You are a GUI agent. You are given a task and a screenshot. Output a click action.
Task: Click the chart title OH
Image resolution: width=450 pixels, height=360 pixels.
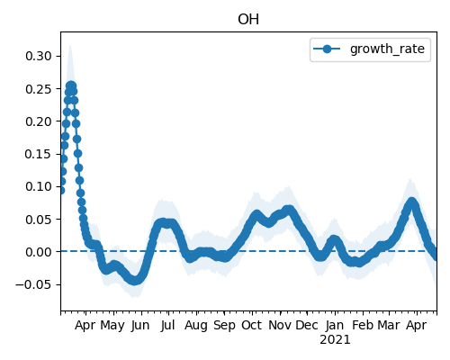(x=248, y=20)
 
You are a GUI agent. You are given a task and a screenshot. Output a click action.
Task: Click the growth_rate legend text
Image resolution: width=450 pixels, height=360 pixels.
(x=387, y=49)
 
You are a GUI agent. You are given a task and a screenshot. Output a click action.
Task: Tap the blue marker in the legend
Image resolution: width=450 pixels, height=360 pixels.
(x=327, y=49)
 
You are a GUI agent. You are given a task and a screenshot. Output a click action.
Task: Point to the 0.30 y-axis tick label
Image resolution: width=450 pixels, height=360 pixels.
(x=39, y=56)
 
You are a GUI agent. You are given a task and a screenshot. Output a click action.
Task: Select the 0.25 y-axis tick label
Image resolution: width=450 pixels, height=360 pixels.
(x=39, y=89)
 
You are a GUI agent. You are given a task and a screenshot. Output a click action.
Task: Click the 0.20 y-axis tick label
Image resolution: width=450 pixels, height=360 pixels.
(x=39, y=121)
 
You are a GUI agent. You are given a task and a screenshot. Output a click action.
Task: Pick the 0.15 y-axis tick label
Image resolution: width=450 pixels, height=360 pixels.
(x=39, y=154)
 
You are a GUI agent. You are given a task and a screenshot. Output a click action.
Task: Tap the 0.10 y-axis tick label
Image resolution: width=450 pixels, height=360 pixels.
(x=39, y=186)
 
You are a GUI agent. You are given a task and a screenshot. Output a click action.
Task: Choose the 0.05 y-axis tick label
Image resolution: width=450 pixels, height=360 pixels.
(x=39, y=220)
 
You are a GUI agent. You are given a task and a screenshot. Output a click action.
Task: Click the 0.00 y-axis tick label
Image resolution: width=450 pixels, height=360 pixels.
(x=39, y=252)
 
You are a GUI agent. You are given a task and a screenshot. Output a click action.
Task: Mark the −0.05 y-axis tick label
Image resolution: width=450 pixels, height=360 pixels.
(x=33, y=284)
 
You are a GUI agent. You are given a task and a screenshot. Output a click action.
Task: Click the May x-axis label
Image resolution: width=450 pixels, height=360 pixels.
(x=112, y=326)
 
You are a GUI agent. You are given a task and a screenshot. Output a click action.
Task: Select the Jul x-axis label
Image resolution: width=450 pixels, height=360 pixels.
(x=167, y=325)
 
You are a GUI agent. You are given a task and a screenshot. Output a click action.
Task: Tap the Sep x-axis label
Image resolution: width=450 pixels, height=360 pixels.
(x=224, y=326)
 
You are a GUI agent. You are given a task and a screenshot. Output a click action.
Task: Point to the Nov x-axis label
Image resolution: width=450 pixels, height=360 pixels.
(x=279, y=325)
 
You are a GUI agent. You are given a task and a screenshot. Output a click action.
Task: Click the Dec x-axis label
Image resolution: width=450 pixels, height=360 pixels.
(x=307, y=325)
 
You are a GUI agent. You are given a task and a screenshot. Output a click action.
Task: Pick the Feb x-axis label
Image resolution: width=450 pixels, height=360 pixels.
(x=363, y=325)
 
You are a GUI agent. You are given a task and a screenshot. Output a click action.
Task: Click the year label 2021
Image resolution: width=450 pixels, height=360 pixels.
(x=335, y=340)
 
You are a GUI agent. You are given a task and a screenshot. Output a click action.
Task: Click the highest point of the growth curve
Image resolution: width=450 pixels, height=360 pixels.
(x=71, y=86)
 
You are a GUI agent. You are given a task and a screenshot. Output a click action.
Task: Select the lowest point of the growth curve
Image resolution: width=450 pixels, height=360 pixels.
(x=134, y=281)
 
